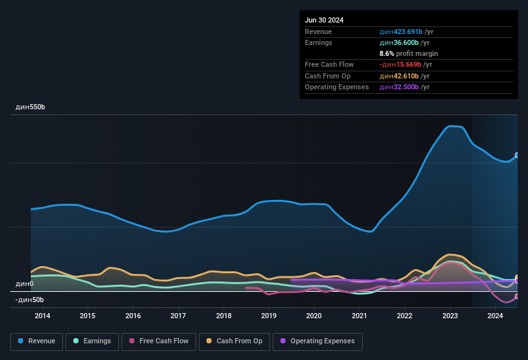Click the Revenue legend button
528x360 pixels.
tap(37, 341)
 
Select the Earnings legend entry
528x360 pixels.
tap(92, 341)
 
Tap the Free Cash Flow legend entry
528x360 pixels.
tap(159, 341)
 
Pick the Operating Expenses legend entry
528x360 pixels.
tap(317, 341)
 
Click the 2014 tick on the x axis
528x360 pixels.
tap(42, 316)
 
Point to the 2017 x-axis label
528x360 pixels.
tap(178, 316)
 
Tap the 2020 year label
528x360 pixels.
tap(314, 316)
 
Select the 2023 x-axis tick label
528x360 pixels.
tap(450, 316)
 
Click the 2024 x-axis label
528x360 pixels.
tap(495, 316)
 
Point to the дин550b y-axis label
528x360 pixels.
tap(30, 107)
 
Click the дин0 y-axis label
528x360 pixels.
tap(24, 283)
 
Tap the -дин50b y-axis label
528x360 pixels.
tap(30, 300)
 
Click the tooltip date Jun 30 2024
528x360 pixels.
tap(324, 20)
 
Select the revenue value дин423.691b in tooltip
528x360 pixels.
tap(400, 32)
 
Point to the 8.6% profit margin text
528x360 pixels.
tap(408, 53)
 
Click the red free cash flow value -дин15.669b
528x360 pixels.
tap(400, 64)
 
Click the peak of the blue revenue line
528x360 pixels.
tap(452, 126)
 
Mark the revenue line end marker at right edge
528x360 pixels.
tap(517, 156)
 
